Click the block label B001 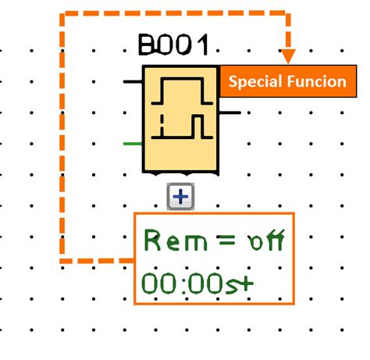tap(173, 45)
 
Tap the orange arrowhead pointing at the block tap(288, 57)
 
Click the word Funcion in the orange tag tap(317, 81)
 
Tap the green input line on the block tap(133, 144)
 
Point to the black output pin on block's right tap(231, 112)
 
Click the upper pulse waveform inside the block tap(181, 91)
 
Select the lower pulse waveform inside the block tap(181, 126)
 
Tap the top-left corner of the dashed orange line tap(62, 14)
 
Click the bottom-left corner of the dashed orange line tap(62, 259)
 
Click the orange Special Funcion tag tap(286, 81)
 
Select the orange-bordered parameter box tap(214, 258)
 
